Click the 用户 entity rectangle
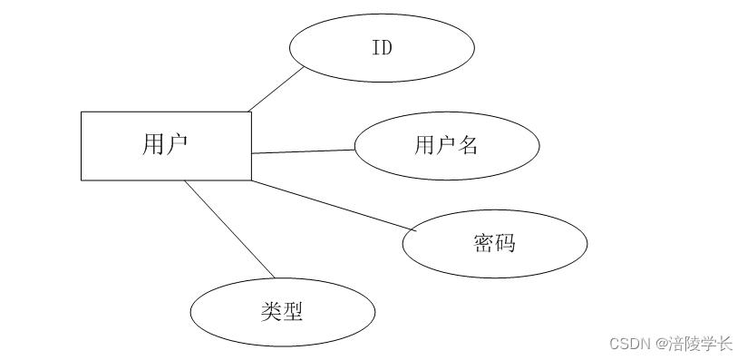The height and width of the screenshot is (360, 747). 166,145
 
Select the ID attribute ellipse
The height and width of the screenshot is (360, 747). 382,48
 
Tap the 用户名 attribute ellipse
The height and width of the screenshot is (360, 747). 446,145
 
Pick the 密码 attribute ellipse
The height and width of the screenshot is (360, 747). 494,243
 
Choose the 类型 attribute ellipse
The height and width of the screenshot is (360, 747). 281,313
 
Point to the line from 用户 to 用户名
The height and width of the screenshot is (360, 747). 302,151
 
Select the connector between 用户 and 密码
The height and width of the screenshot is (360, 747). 332,205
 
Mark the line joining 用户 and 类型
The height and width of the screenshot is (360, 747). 229,230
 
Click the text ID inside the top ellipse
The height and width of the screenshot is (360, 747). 382,48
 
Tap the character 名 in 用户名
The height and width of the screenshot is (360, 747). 467,145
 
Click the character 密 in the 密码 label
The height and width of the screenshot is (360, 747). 483,243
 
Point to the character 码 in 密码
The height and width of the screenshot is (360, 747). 505,243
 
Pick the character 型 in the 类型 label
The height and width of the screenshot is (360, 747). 291,313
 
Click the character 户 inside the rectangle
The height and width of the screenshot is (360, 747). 179,144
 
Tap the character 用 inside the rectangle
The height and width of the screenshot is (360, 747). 154,144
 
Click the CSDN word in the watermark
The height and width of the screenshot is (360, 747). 629,344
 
